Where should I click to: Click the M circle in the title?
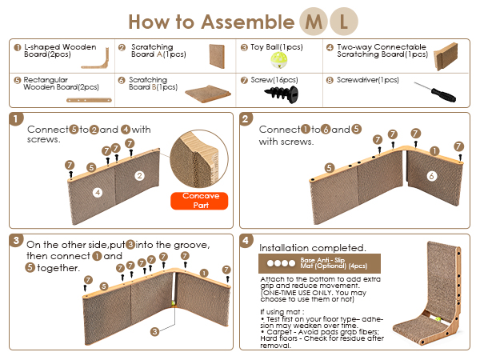[314, 22]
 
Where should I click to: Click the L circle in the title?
[343, 22]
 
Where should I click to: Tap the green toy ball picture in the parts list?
[279, 60]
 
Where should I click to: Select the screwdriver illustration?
[434, 91]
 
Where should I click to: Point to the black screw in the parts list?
[282, 94]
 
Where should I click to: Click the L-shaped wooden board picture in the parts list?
[95, 58]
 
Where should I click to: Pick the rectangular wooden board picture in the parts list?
[89, 100]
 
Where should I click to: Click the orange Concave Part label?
[199, 201]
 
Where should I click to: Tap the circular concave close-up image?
[199, 158]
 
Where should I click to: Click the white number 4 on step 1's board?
[98, 193]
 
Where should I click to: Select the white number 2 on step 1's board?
[139, 176]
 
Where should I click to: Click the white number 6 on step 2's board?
[432, 176]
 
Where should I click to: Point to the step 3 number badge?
[16, 241]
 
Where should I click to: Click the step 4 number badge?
[246, 241]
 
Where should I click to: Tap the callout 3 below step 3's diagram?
[155, 331]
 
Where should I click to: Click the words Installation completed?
[313, 248]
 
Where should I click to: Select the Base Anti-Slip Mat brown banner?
[319, 263]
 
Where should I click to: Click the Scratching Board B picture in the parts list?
[208, 94]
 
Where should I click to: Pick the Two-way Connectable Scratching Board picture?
[446, 57]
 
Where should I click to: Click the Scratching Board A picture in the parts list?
[217, 56]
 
